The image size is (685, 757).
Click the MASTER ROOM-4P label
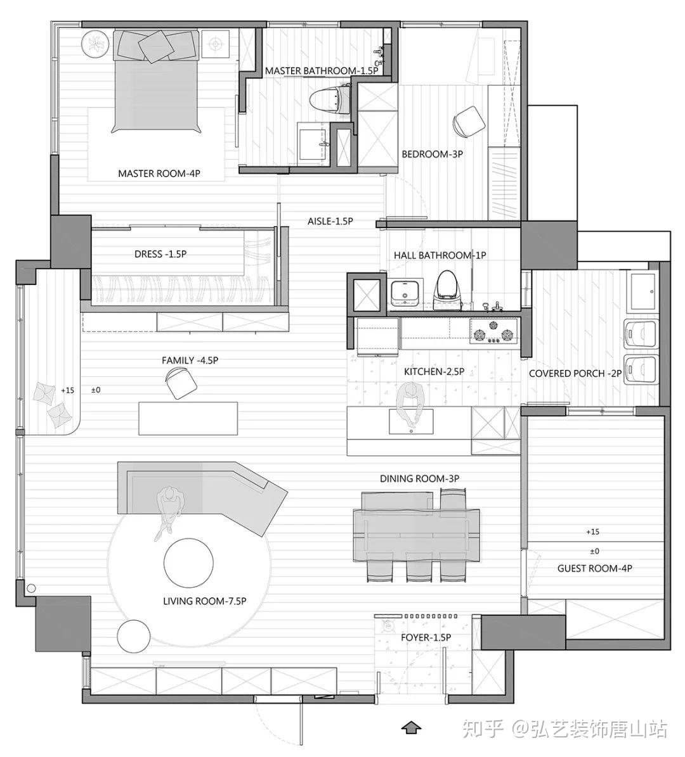[159, 174]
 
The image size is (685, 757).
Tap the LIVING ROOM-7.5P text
[204, 601]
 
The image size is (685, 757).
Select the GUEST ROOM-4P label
[594, 568]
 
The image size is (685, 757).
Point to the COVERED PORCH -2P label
[575, 373]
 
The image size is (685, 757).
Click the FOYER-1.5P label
[426, 637]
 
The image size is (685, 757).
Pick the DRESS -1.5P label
[160, 254]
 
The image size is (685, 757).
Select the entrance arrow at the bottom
[411, 728]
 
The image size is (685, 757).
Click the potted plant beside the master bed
[95, 44]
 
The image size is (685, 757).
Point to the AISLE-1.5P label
[330, 221]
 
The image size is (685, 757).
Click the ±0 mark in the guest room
[594, 551]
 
